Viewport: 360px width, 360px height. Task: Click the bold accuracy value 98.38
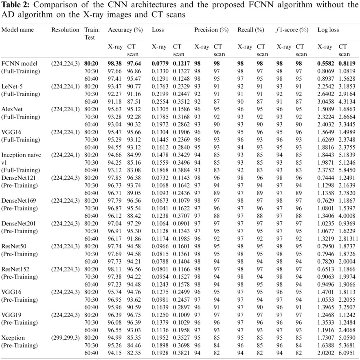point(115,64)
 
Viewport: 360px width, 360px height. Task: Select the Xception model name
point(13,338)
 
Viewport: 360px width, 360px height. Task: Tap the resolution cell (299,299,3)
point(65,338)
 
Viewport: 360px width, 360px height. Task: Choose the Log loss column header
point(329,30)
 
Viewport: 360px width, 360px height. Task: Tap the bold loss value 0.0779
point(159,64)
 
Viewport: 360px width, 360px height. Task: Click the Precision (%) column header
point(211,30)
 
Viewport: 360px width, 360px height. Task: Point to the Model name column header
point(18,30)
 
